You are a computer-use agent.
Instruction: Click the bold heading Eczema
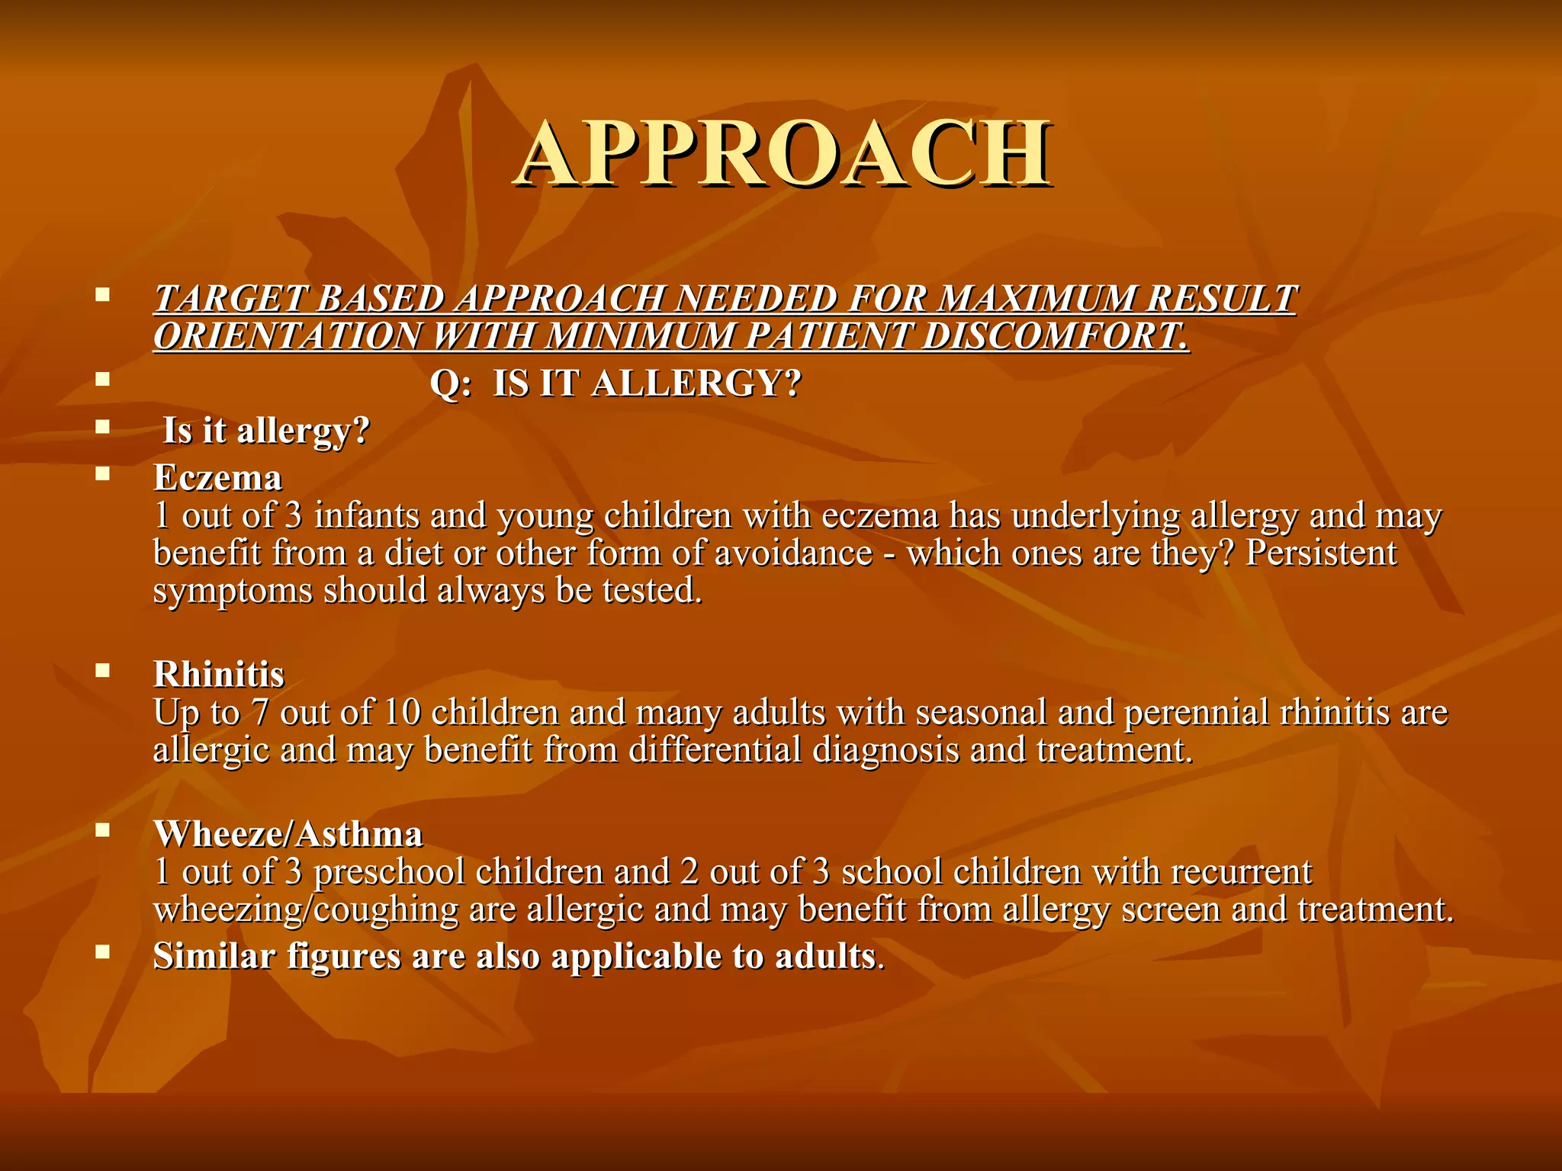click(x=218, y=478)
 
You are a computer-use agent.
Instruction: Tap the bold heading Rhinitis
click(x=219, y=675)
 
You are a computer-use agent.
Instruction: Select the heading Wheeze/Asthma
click(x=288, y=834)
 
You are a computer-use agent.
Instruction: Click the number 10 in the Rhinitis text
click(x=403, y=712)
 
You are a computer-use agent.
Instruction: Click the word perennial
click(x=1195, y=712)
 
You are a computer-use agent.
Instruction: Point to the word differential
click(x=715, y=749)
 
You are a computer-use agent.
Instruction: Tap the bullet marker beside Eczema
click(x=102, y=473)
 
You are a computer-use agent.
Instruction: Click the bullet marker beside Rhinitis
click(x=102, y=670)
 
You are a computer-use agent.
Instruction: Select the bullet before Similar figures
click(x=102, y=951)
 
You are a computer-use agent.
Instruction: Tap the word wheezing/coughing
click(x=306, y=910)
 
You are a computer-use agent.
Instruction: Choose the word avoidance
click(x=793, y=553)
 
